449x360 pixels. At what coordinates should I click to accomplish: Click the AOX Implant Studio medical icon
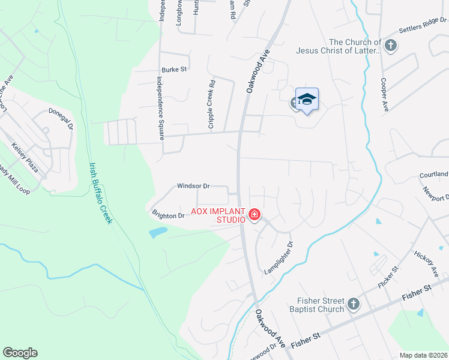pyautogui.click(x=255, y=214)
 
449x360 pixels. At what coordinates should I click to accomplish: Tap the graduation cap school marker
pyautogui.click(x=307, y=100)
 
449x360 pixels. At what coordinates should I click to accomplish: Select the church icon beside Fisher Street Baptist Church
pyautogui.click(x=353, y=304)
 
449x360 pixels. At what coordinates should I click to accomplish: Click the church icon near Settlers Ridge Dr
pyautogui.click(x=391, y=46)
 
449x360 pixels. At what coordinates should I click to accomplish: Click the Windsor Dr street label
pyautogui.click(x=193, y=186)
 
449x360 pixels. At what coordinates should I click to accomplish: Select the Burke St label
pyautogui.click(x=174, y=70)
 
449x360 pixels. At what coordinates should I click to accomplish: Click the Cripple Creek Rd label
pyautogui.click(x=211, y=103)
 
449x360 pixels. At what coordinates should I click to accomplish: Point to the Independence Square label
pyautogui.click(x=160, y=108)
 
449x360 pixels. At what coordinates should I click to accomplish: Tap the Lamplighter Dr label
pyautogui.click(x=280, y=258)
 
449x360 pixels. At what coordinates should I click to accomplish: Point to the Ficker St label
pyautogui.click(x=389, y=277)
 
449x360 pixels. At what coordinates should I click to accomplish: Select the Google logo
pyautogui.click(x=20, y=353)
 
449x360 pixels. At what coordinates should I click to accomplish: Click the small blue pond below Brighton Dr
pyautogui.click(x=158, y=232)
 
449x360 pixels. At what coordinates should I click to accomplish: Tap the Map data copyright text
pyautogui.click(x=423, y=355)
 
